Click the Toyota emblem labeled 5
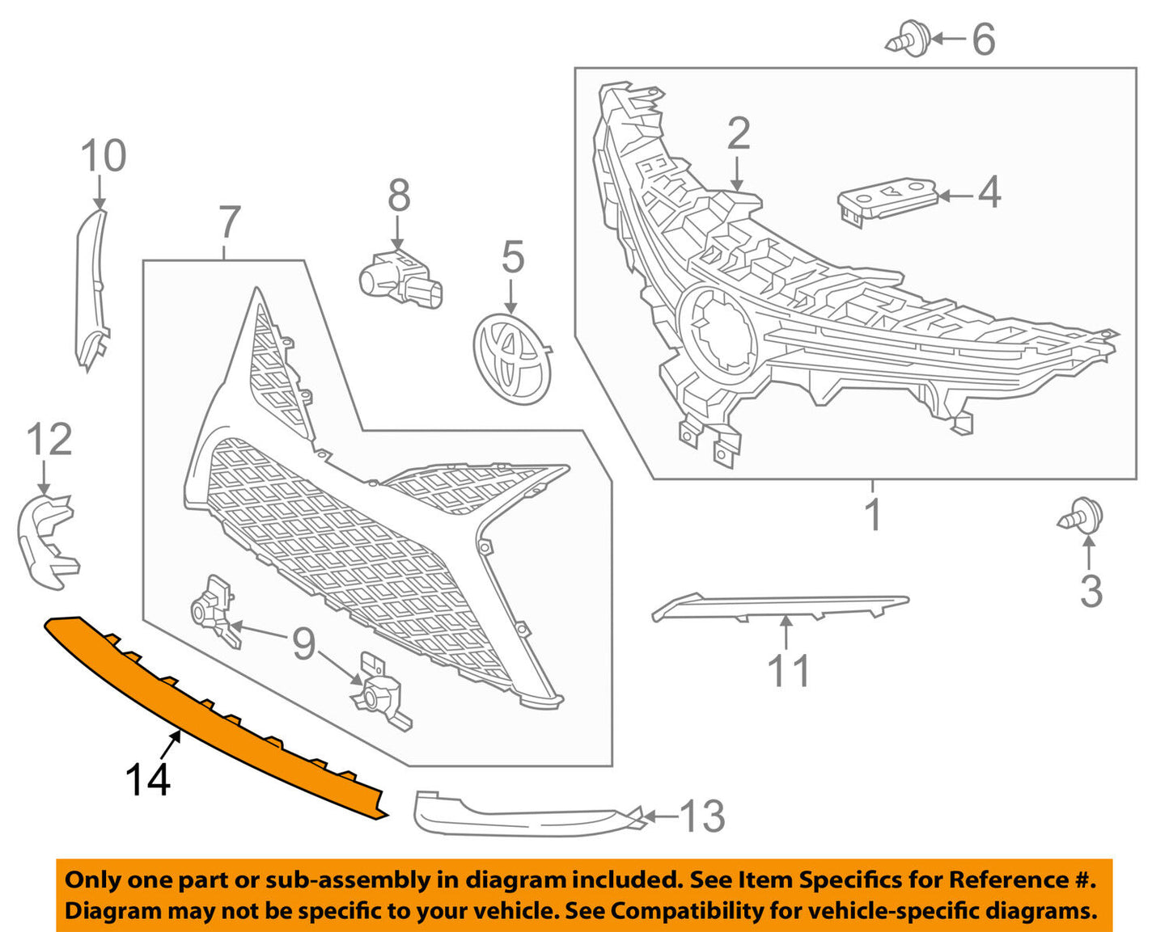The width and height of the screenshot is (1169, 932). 512,360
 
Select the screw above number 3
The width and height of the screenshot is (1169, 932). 1080,513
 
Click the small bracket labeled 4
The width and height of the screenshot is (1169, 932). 887,203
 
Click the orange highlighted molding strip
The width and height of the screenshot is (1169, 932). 217,718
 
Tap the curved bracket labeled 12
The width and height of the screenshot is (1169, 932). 48,542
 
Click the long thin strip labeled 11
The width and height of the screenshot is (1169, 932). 780,607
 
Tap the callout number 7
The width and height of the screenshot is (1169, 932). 229,222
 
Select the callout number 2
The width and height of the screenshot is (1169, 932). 739,133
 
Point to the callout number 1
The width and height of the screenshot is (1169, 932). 873,515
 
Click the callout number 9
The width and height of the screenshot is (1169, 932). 303,644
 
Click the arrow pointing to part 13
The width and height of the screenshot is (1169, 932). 660,816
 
